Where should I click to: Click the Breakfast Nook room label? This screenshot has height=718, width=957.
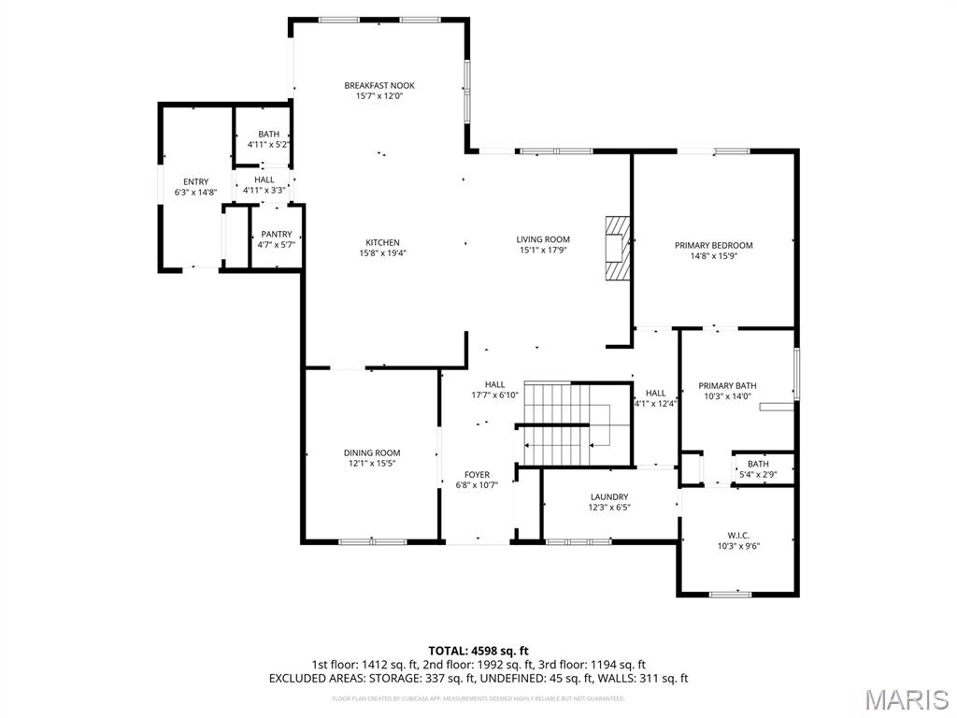(379, 86)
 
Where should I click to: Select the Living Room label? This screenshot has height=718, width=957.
(543, 239)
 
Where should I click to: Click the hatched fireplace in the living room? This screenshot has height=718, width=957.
(618, 248)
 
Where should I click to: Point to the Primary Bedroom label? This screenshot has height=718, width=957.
(713, 246)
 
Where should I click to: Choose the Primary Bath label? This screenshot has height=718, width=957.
(727, 386)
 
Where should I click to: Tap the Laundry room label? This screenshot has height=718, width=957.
(609, 497)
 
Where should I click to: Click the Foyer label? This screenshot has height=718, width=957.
(477, 475)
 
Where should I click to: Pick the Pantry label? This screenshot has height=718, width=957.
(276, 235)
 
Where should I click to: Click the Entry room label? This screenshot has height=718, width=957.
(195, 182)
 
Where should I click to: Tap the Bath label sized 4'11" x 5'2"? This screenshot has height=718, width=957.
(268, 135)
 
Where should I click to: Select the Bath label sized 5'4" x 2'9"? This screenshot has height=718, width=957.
(758, 464)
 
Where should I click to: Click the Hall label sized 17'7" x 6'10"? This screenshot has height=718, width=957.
(494, 384)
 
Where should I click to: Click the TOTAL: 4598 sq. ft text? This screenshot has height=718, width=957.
(478, 651)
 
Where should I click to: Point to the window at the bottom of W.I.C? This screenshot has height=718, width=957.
(730, 594)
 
